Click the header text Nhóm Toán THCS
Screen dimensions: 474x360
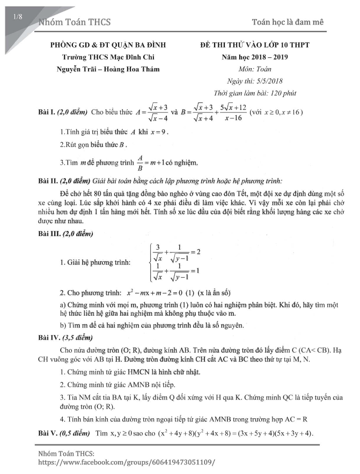point(75,22)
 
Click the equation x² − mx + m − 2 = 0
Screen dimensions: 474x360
point(163,293)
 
